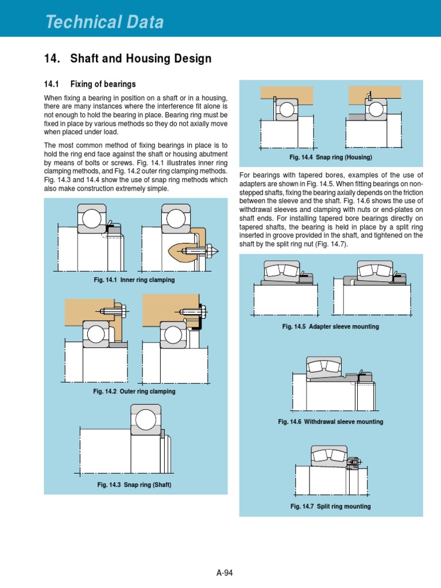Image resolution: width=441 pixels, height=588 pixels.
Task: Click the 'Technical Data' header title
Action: [105, 22]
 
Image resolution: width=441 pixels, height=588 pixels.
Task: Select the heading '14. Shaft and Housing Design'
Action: [127, 59]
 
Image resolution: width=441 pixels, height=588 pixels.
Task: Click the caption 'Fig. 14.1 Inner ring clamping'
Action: [134, 280]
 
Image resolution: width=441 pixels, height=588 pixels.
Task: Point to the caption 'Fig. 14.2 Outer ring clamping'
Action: [134, 391]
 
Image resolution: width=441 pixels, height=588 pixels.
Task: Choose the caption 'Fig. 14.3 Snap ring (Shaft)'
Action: [134, 485]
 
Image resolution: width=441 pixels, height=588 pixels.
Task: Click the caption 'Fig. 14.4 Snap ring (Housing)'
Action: [331, 157]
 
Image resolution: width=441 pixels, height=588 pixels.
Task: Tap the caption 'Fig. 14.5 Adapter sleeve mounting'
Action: [330, 327]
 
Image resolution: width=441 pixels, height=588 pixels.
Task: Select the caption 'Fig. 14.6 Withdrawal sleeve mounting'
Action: [330, 421]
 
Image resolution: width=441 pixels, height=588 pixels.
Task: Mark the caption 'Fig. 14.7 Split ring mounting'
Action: [330, 506]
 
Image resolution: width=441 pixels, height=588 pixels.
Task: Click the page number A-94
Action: [225, 572]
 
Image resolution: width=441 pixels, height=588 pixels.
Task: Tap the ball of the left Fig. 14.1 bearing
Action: [92, 218]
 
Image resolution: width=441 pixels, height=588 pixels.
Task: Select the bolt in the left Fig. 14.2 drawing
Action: [110, 312]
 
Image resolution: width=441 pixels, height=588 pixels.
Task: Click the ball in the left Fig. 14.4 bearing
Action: [286, 109]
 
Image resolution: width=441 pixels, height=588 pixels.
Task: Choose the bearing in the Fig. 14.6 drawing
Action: [323, 366]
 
